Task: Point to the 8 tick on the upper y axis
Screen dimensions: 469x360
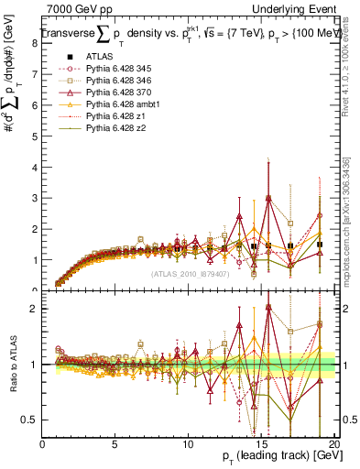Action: click(36, 42)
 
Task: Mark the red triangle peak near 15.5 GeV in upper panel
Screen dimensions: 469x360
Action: click(268, 197)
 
